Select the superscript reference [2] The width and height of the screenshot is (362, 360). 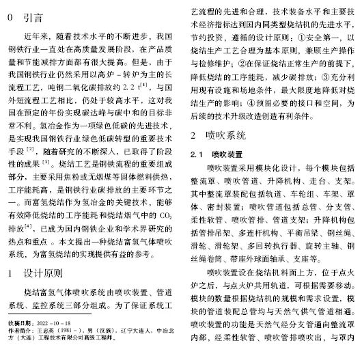pos(30,147)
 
